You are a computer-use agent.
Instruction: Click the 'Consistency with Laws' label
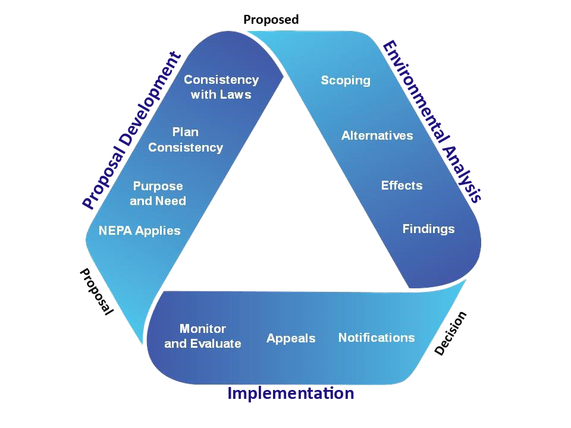pos(221,87)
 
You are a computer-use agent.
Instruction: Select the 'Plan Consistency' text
pos(186,140)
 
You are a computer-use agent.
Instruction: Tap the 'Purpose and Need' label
pos(158,194)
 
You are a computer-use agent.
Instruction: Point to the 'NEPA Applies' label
pos(139,231)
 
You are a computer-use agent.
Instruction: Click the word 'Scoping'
pos(346,80)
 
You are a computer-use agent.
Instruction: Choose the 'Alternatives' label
pos(377,136)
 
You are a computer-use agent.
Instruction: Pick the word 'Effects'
pos(401,185)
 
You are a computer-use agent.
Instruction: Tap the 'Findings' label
pos(428,229)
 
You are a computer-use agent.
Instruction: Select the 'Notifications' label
pos(377,338)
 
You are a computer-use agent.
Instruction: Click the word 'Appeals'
pos(291,338)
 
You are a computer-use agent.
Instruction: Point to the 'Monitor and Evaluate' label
pos(203,336)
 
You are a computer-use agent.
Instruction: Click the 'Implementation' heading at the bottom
pos(290,393)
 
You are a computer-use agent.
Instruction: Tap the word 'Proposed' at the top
pos(271,20)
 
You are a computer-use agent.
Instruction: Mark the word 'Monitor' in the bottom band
pos(203,329)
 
